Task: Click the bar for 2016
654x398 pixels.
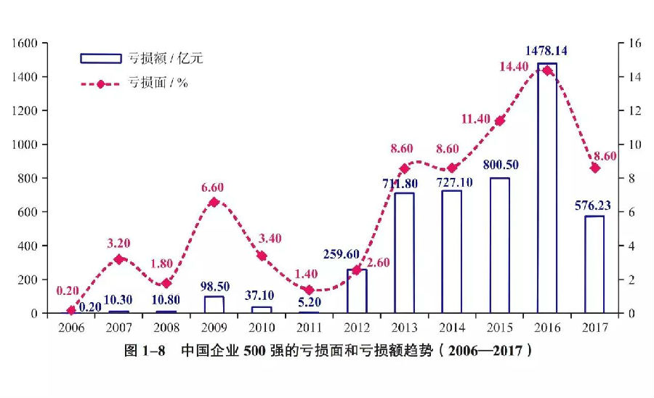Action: tap(547, 189)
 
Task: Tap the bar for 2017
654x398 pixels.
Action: tap(594, 264)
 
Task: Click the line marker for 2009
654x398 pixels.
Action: tap(214, 202)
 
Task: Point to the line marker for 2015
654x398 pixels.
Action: tap(499, 121)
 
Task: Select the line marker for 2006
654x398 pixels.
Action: tap(71, 310)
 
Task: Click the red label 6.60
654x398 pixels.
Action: tap(213, 187)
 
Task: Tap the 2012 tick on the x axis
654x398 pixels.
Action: tap(357, 328)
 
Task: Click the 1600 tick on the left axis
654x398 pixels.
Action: tap(24, 44)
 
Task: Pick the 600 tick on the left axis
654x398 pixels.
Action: tap(27, 212)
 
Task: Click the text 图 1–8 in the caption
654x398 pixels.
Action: tap(145, 351)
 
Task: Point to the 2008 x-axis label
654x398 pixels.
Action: tap(166, 328)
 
